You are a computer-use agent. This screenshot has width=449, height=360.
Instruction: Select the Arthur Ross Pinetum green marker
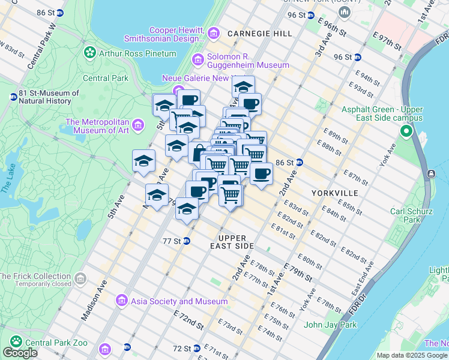pyautogui.click(x=91, y=53)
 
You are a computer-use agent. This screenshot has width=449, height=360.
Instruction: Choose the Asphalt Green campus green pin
pyautogui.click(x=406, y=131)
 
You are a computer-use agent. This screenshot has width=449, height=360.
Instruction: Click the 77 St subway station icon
pyautogui.click(x=187, y=241)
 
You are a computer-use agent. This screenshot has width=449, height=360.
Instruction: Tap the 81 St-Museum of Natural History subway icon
pyautogui.click(x=13, y=97)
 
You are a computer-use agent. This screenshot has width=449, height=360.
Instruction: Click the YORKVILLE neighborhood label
pyautogui.click(x=335, y=193)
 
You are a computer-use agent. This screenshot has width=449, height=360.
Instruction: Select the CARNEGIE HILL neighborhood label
pyautogui.click(x=259, y=34)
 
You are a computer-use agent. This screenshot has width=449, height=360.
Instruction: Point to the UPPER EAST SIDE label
pyautogui.click(x=232, y=242)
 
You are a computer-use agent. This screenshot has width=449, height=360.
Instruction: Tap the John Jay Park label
pyautogui.click(x=330, y=325)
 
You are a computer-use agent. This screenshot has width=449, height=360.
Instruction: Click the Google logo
pyautogui.click(x=20, y=353)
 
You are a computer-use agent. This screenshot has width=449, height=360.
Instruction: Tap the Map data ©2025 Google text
pyautogui.click(x=412, y=355)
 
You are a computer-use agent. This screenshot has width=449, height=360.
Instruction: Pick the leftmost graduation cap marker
pyautogui.click(x=143, y=161)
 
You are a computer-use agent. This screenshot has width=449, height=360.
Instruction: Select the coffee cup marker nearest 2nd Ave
pyautogui.click(x=261, y=174)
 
